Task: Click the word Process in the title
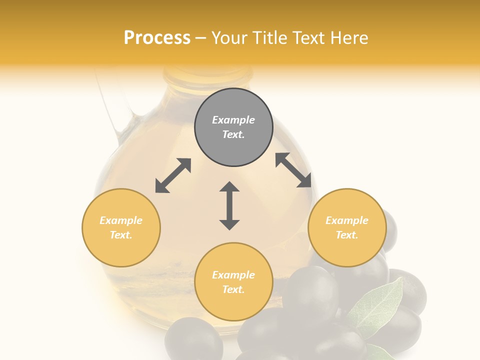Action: [x=157, y=38]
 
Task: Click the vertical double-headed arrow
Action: [x=229, y=205]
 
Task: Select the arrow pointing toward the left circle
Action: [x=173, y=175]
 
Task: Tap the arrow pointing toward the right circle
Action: [x=293, y=170]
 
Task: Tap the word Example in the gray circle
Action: [x=233, y=120]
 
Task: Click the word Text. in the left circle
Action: [x=121, y=235]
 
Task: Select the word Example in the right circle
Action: [x=347, y=220]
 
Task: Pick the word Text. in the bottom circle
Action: [x=233, y=289]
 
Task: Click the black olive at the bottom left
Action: [x=194, y=340]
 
